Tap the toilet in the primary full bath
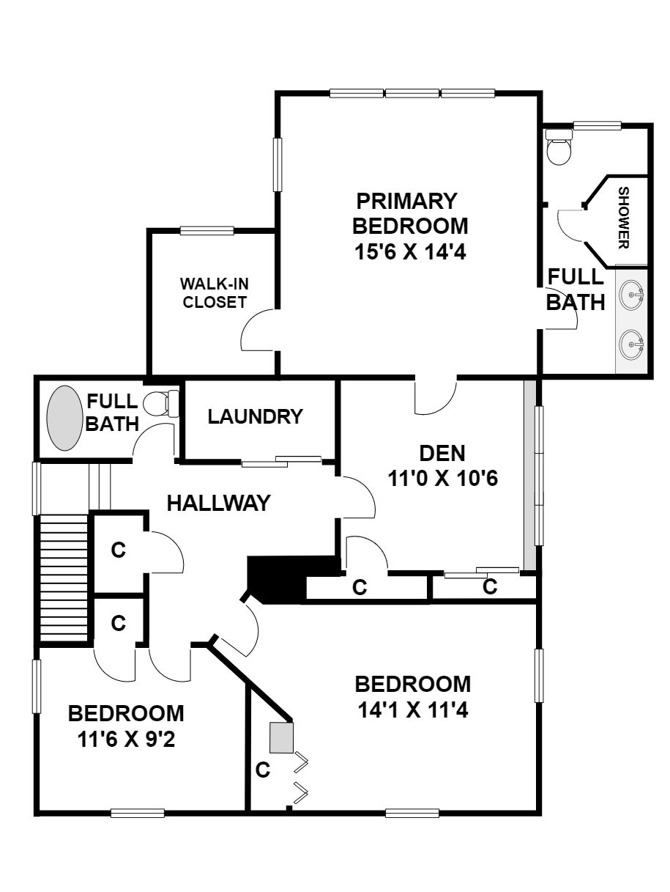tap(559, 147)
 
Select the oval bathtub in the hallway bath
tap(64, 419)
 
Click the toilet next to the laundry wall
tap(162, 403)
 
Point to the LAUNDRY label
tap(256, 416)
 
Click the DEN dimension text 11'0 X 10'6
tap(443, 479)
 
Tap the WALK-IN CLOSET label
tap(215, 293)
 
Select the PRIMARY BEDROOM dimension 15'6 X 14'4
tap(411, 251)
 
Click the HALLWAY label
tap(219, 503)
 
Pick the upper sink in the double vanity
tap(632, 294)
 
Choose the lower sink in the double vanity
tap(632, 344)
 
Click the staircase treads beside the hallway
tap(64, 578)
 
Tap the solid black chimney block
tap(293, 580)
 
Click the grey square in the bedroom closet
tap(282, 737)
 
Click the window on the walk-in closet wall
tap(207, 231)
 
